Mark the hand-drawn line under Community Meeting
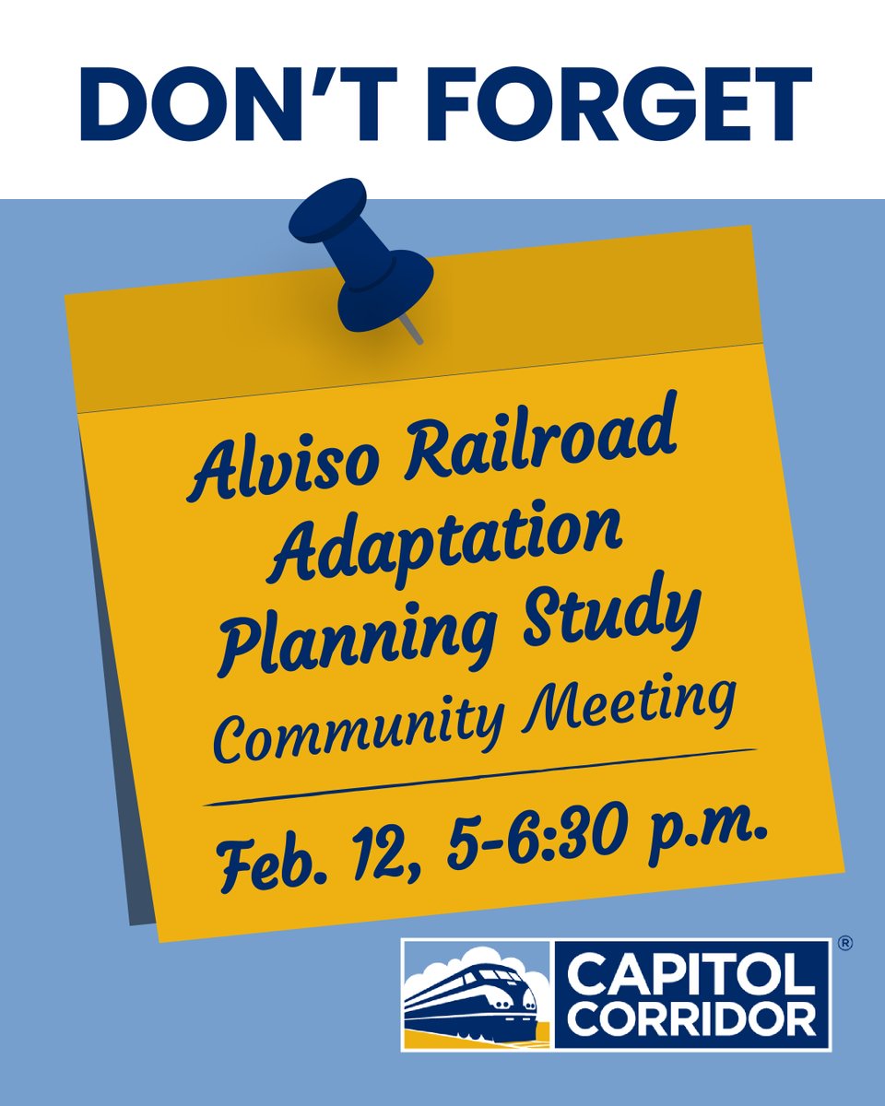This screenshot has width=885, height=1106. tap(479, 778)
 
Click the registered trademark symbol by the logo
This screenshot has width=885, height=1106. tap(844, 944)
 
